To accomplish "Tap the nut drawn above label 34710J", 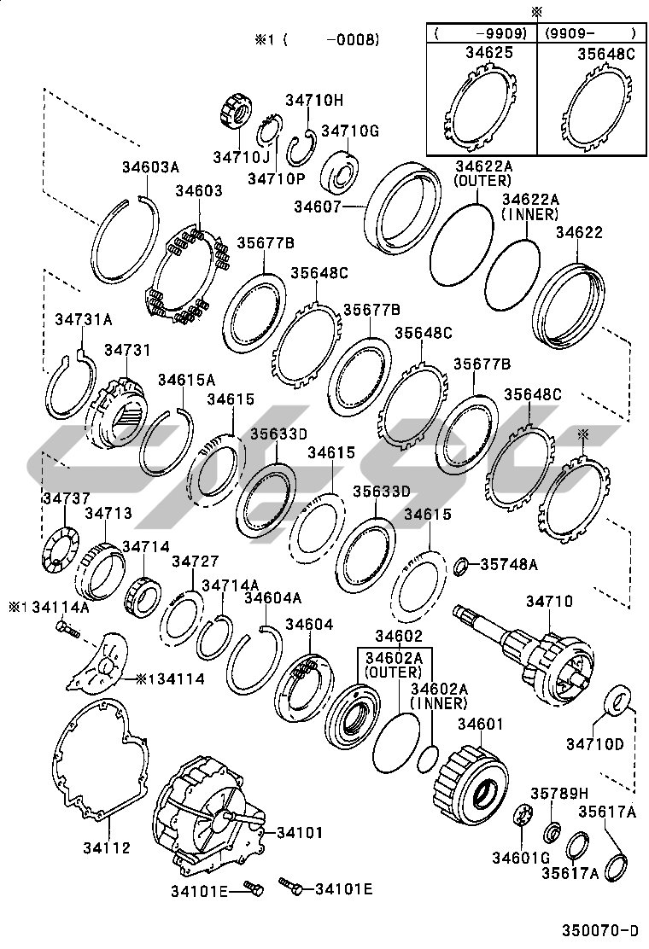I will coord(233,112).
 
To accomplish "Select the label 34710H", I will coord(313,100).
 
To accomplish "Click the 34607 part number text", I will coord(318,206).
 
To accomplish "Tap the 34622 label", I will coord(579,231).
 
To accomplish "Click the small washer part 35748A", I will coord(459,565).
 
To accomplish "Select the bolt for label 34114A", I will coord(67,631).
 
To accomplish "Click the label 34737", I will coord(63,498).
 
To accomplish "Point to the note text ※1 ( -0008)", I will coord(315,39).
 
